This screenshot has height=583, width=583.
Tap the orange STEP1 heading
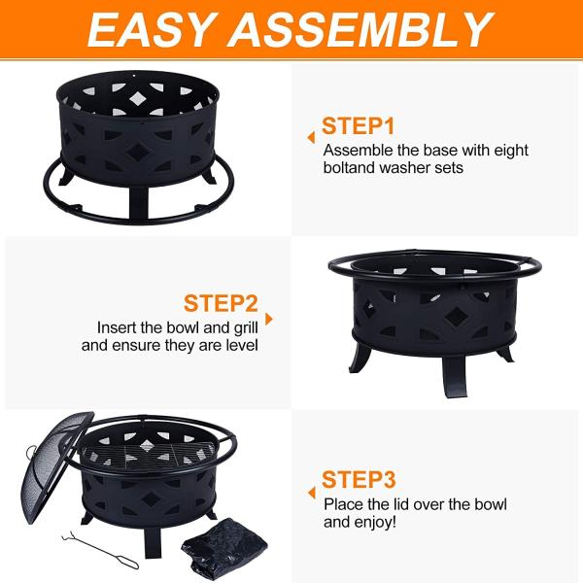coord(358,126)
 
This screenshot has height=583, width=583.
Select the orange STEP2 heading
coord(221,303)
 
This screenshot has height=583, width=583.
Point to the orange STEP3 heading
coord(359,480)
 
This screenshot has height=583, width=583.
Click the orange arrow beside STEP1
coord(311,138)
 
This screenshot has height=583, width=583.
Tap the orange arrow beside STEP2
coord(269,319)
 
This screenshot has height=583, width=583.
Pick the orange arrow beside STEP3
coord(312,493)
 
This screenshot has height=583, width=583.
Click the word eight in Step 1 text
coord(511,151)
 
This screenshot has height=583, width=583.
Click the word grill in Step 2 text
coord(246,328)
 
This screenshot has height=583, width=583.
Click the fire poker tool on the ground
coord(100,550)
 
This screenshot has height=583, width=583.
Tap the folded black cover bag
coord(224,548)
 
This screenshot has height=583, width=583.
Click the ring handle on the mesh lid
coord(31,453)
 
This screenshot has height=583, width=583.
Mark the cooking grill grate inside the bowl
coord(148,456)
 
